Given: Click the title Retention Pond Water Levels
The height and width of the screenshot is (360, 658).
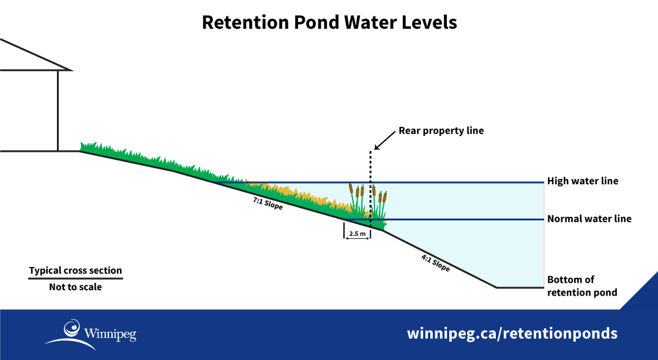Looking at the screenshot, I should (329, 22).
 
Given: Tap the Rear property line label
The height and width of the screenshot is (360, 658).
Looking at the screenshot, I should (441, 130).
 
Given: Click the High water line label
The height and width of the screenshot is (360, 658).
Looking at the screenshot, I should (582, 181).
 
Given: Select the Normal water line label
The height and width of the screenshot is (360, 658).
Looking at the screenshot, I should (589, 219).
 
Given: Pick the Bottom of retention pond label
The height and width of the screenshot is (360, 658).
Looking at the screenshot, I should (581, 286).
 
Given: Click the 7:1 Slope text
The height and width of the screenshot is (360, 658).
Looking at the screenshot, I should (267, 203).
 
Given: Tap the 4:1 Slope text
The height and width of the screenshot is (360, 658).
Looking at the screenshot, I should (435, 263).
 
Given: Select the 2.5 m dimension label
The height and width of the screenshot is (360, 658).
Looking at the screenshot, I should (357, 234).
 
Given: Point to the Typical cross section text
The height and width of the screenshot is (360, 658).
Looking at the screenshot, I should (75, 271).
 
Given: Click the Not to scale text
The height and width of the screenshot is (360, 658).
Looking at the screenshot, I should (75, 287).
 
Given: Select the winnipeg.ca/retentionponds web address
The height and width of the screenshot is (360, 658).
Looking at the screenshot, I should (512, 334).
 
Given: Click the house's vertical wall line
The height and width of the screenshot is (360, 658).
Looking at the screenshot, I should (58, 110).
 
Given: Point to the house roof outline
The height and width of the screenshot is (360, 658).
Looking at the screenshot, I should (37, 55).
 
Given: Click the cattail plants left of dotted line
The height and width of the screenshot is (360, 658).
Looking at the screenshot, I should (357, 199).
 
